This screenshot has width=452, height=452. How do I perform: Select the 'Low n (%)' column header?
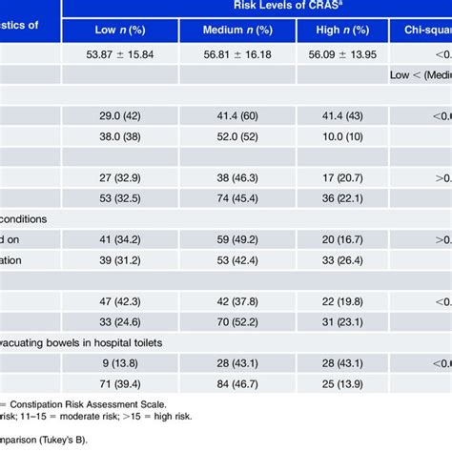tap(119, 31)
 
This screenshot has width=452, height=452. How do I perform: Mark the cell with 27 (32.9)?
tap(119, 176)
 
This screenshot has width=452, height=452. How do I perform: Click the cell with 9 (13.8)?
tap(119, 362)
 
